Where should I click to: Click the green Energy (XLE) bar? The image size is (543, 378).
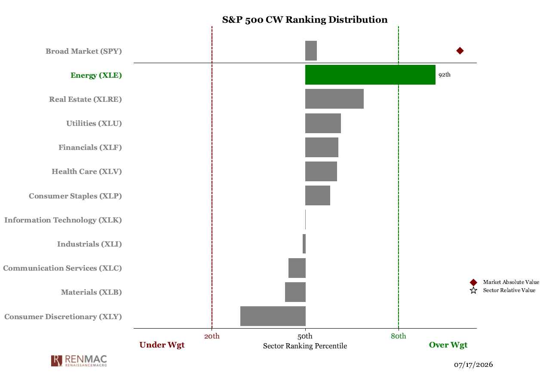370,75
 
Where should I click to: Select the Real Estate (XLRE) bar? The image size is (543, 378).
334,99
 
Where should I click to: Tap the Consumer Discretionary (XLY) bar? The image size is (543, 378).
273,316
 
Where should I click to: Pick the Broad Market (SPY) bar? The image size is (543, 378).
311,51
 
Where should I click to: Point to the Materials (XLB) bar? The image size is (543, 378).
295,292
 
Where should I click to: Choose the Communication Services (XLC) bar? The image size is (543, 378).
297,268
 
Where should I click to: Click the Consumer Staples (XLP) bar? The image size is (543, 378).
318,195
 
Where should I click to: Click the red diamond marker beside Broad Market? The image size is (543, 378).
460,51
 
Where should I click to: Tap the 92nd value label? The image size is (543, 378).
445,75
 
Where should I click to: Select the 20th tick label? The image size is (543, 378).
212,336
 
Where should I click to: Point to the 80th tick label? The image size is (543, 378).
398,336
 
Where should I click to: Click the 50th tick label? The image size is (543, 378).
305,336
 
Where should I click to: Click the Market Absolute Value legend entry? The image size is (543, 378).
504,282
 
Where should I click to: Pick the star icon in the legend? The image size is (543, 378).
473,290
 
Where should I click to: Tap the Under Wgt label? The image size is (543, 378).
162,345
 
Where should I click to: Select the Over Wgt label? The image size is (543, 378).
448,345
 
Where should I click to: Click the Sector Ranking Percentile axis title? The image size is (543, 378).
305,346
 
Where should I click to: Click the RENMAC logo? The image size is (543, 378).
79,361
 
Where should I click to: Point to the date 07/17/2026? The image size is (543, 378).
473,364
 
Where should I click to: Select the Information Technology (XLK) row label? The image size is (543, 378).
63,220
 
